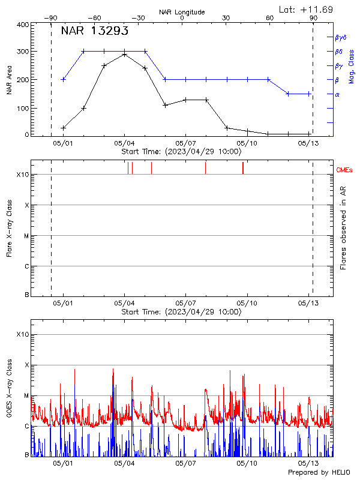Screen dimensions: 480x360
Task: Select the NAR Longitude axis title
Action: coord(182,12)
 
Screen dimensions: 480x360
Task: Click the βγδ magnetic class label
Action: coord(340,37)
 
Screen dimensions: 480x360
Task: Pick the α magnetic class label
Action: coord(337,94)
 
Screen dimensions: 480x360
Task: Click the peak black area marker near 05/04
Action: coord(124,55)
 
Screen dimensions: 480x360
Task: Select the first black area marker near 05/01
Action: coord(63,128)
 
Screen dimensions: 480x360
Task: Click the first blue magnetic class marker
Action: coord(63,79)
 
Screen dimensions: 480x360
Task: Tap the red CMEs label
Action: coord(344,170)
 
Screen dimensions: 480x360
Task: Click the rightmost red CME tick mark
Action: coord(243,168)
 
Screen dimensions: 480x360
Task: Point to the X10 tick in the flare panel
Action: coord(22,175)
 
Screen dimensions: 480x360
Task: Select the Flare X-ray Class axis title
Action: coord(9,228)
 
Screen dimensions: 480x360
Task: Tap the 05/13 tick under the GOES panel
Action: coord(308,464)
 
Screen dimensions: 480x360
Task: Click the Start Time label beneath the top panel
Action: coord(181,151)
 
